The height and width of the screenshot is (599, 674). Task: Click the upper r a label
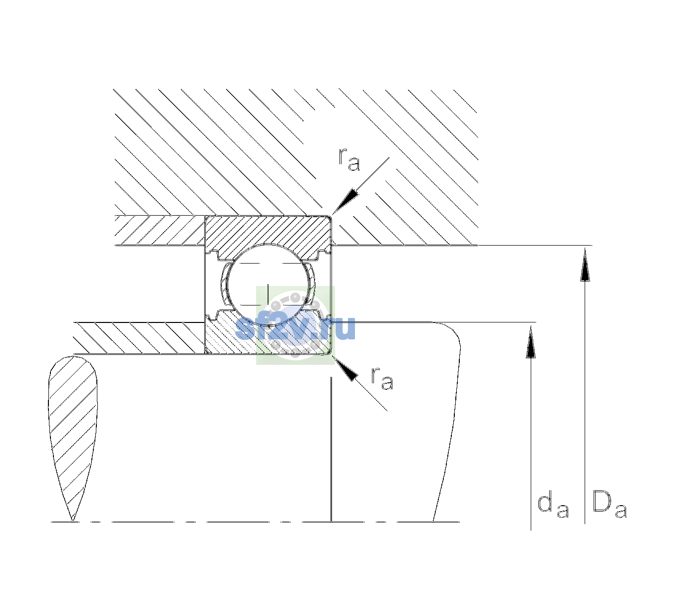[x=349, y=159]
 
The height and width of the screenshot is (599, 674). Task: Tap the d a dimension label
[x=553, y=506]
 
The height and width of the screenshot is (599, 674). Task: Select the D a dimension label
[x=610, y=505]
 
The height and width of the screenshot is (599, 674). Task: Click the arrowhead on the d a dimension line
[x=531, y=342]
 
